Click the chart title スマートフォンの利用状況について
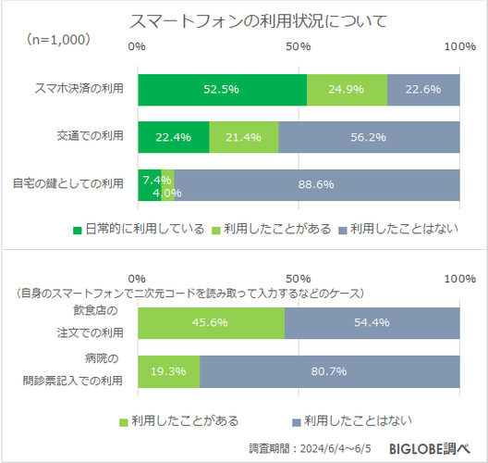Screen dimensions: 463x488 click(244, 20)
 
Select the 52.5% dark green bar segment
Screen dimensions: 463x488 click(222, 90)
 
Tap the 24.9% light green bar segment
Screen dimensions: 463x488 click(347, 90)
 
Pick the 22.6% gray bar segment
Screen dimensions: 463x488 click(423, 90)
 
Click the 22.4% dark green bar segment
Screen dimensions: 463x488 click(174, 137)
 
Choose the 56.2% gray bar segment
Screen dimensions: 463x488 click(369, 137)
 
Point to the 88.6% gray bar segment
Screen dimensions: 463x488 click(317, 184)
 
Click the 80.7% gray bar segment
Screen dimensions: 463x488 click(329, 370)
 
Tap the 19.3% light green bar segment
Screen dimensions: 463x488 click(168, 370)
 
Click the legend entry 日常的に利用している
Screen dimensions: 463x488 click(138, 230)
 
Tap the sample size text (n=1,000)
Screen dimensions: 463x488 click(57, 39)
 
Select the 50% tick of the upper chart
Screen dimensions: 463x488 click(299, 46)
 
